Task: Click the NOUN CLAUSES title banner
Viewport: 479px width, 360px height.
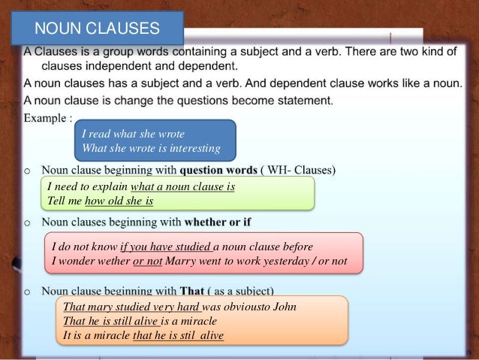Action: [98, 29]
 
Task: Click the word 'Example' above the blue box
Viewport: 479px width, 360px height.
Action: [45, 118]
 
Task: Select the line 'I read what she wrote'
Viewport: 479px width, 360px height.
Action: [132, 135]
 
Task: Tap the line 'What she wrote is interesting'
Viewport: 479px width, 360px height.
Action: [150, 148]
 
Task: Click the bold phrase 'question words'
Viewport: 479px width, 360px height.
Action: [218, 170]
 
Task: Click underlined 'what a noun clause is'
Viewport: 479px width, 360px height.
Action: [182, 187]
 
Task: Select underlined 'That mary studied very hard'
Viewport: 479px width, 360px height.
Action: [131, 307]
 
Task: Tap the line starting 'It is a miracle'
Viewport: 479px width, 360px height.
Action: [143, 335]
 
